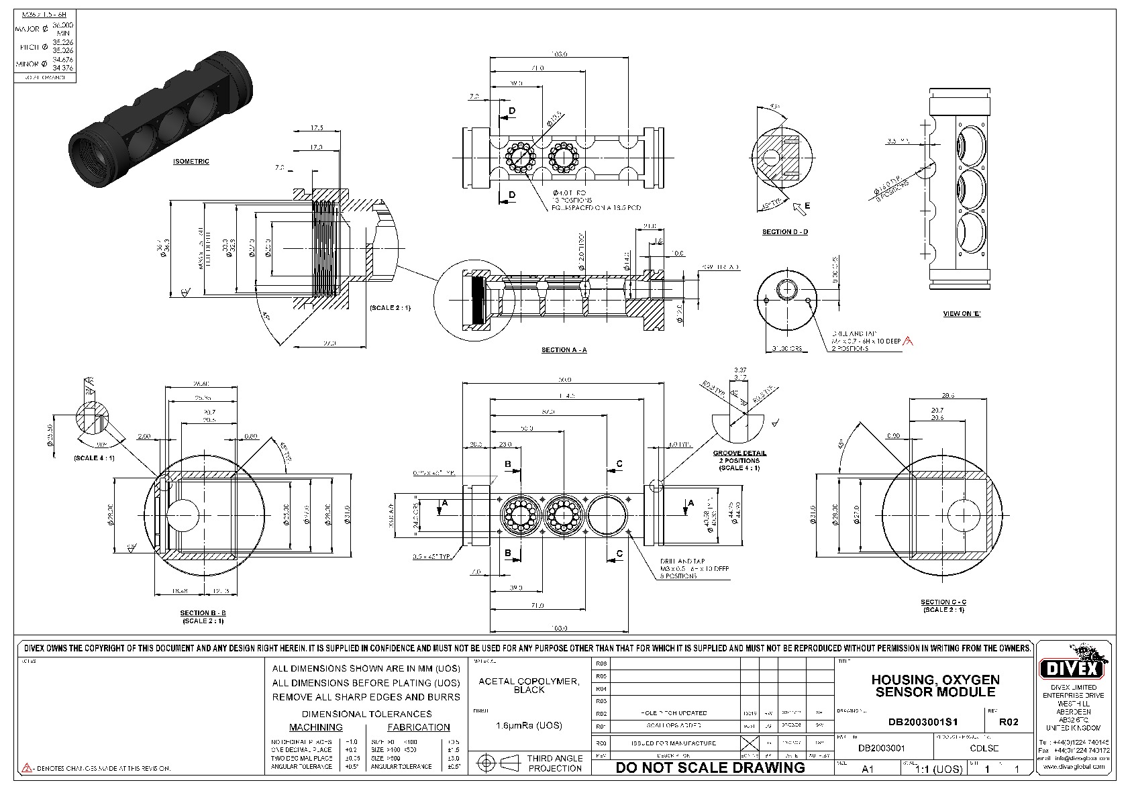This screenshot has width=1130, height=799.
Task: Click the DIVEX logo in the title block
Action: coord(1072,667)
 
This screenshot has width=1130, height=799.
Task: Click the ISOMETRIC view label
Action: coord(191,162)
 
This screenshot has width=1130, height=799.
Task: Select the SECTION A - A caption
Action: coord(564,350)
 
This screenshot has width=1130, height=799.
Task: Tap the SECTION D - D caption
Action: coord(784,232)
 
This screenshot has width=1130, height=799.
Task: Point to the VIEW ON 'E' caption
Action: coord(961,314)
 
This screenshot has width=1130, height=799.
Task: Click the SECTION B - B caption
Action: coord(203,613)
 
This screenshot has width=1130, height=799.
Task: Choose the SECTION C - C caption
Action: coord(943,602)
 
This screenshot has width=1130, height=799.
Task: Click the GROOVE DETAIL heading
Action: coord(739,454)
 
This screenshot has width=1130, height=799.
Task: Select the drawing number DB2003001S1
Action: coord(923,722)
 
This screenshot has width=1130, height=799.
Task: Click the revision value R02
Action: coord(1009,722)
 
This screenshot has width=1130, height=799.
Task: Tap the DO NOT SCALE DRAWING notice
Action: coord(710,767)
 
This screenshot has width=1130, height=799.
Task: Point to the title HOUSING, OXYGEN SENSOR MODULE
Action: coord(935,686)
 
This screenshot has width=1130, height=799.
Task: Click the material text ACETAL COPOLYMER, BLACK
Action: coord(529,685)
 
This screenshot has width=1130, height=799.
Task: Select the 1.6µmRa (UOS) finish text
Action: coord(529,725)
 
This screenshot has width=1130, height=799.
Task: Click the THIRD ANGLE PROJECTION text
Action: coord(555,763)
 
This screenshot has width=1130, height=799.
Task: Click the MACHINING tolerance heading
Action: coord(315,727)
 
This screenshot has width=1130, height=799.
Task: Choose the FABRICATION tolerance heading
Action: coord(419,727)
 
